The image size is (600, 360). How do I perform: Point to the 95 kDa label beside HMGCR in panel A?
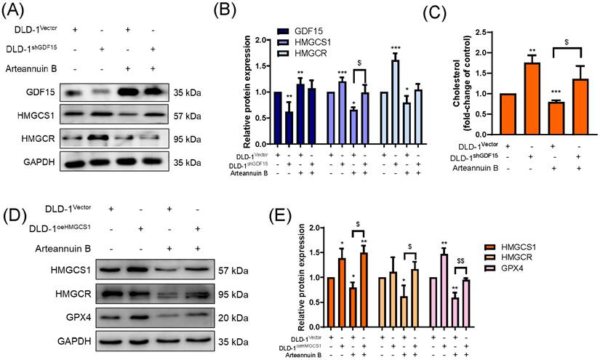[187, 139]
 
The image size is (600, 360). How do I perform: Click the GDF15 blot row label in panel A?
[41, 92]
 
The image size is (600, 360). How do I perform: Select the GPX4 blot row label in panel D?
[79, 317]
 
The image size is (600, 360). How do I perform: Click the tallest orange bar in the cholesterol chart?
[532, 99]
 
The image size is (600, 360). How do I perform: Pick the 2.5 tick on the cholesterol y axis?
[479, 33]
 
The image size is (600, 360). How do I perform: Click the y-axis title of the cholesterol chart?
[461, 83]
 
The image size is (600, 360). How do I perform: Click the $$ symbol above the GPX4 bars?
[460, 261]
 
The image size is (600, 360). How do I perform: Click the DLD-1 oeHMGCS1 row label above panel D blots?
[60, 229]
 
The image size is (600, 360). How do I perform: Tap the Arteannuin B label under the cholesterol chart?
[476, 168]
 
